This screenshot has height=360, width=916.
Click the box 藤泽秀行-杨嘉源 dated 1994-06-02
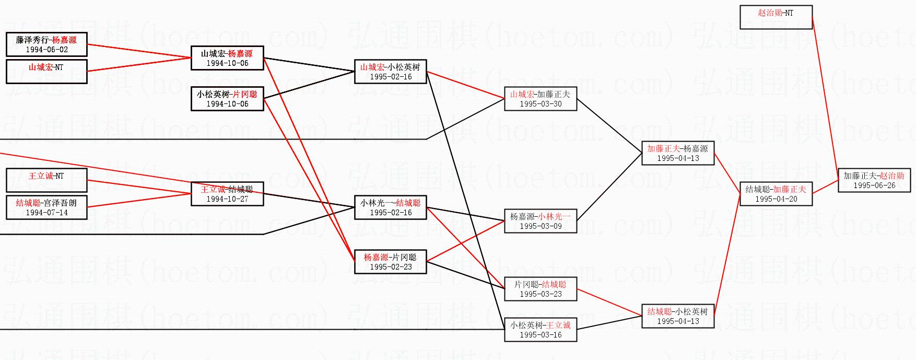[x=46, y=44]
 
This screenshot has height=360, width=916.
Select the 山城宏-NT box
[x=46, y=72]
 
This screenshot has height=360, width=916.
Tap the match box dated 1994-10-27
[x=227, y=194]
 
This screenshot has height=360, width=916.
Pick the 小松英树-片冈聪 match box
[x=227, y=99]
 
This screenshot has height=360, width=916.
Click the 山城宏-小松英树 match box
[x=391, y=72]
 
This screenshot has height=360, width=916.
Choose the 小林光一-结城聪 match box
[x=391, y=207]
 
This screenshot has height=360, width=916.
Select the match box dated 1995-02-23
[x=391, y=262]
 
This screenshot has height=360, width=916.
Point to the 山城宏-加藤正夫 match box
[x=541, y=99]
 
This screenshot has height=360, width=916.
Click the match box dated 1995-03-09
[x=541, y=221]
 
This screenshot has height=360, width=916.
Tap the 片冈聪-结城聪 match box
[x=541, y=289]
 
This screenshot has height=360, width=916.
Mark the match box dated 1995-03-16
[x=541, y=330]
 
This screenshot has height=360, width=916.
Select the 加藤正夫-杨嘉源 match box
[x=678, y=153]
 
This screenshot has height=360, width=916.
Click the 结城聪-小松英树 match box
[x=678, y=316]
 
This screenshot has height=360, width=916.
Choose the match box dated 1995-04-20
[x=776, y=194]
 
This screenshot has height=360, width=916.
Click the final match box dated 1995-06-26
[x=874, y=180]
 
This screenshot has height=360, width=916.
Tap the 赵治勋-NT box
[x=776, y=17]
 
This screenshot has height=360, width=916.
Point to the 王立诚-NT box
[x=46, y=180]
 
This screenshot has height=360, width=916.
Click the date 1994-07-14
[x=46, y=213]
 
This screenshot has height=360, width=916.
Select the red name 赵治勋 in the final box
[x=891, y=176]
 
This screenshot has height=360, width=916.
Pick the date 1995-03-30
[x=541, y=104]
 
